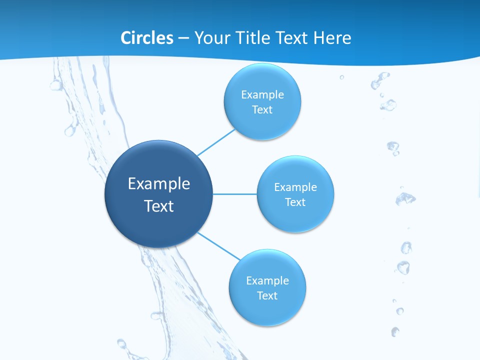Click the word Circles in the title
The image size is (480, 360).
(x=146, y=38)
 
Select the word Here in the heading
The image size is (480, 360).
(x=332, y=38)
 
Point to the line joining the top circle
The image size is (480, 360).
(x=216, y=142)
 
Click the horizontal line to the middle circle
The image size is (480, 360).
(x=235, y=194)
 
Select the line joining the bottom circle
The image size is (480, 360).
(x=218, y=245)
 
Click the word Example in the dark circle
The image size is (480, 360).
(x=159, y=184)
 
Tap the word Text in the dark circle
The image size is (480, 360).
(x=159, y=206)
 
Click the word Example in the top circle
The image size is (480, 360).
(x=262, y=95)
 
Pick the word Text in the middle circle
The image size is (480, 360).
(x=295, y=202)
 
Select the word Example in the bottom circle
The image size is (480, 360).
(x=267, y=281)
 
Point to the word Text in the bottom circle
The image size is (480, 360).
(x=267, y=296)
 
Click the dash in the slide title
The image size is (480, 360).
(x=183, y=38)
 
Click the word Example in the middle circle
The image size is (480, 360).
(x=295, y=187)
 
